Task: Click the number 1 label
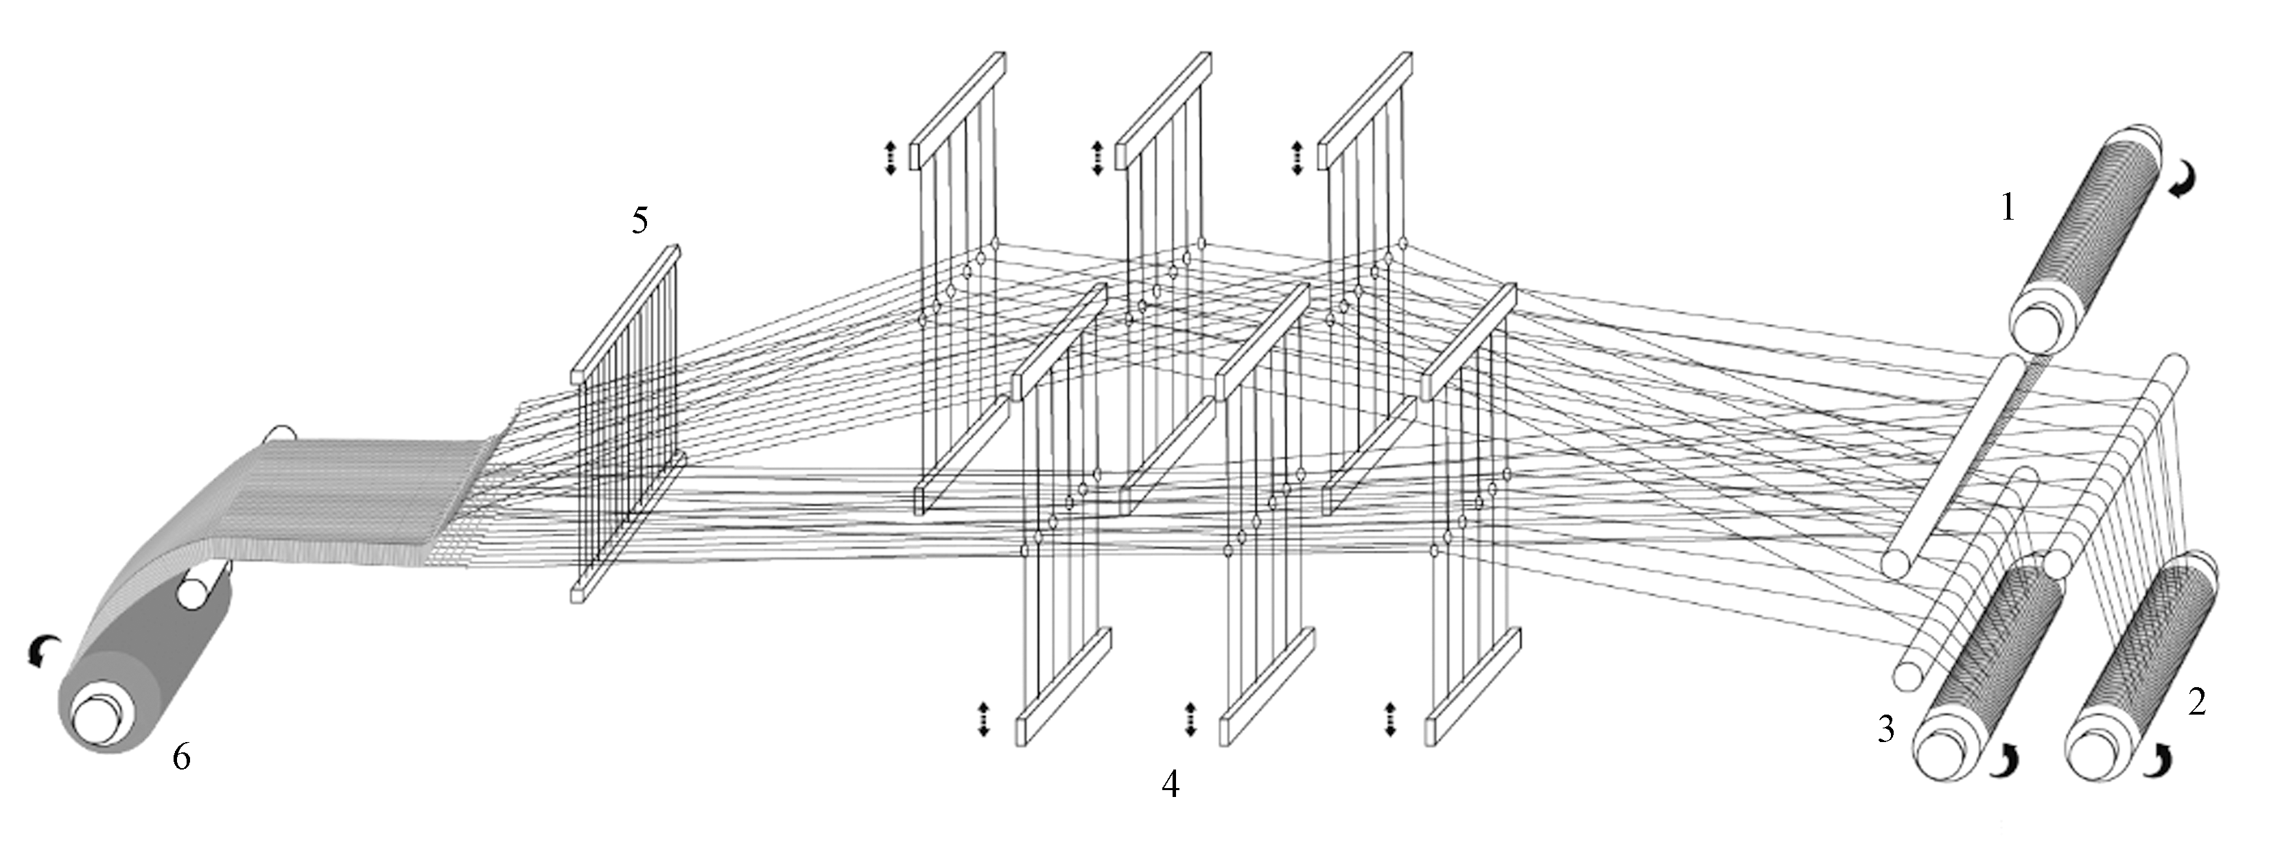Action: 2008,208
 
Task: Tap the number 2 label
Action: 2198,702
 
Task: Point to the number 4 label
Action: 1170,783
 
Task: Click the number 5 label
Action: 639,220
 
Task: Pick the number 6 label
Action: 181,756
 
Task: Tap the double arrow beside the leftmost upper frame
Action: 890,158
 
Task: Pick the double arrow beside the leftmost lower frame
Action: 984,718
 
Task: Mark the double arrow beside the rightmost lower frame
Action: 1391,718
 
